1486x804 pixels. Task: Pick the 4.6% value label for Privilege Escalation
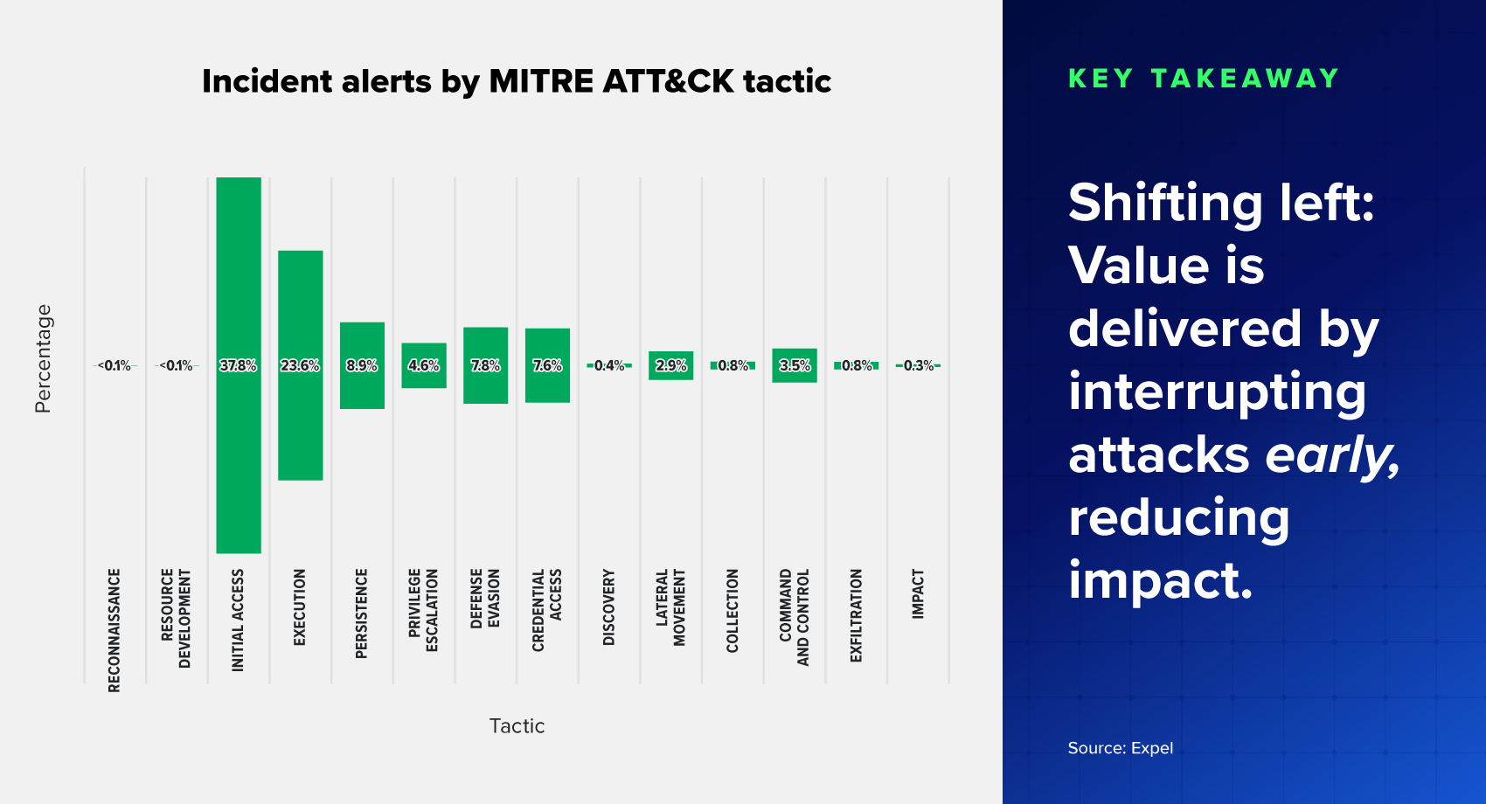click(424, 365)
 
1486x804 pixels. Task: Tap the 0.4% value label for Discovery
click(609, 365)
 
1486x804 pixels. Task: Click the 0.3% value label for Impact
click(918, 365)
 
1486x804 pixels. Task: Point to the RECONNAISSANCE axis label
click(115, 630)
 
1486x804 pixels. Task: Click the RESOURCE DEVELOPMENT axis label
click(176, 618)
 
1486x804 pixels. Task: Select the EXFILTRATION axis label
click(857, 615)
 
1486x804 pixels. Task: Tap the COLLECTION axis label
click(733, 611)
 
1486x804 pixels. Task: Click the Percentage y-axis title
click(43, 358)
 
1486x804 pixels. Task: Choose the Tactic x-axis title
click(517, 726)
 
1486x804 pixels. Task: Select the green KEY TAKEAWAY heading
click(1204, 79)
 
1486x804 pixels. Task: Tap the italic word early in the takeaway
click(1331, 454)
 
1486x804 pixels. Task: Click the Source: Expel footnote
click(1120, 748)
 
